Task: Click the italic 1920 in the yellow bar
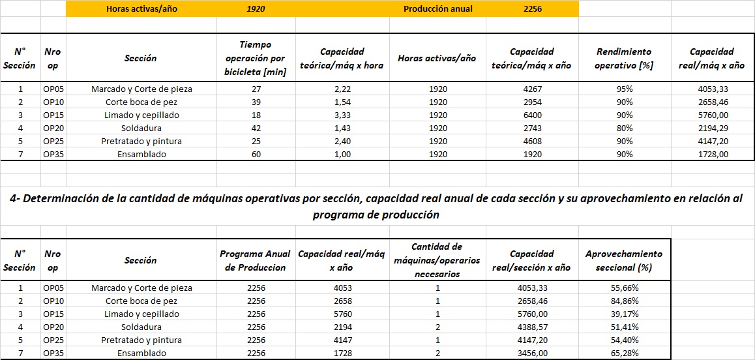(256, 9)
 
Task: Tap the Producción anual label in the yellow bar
(438, 9)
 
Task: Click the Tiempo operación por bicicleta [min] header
(256, 58)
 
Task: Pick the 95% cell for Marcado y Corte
(624, 89)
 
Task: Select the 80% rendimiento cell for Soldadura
(624, 128)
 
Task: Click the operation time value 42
(256, 128)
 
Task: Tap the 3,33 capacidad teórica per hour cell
(342, 115)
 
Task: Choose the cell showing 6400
(532, 115)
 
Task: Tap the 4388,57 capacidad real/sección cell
(532, 327)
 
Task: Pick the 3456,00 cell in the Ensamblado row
(532, 353)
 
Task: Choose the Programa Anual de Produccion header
(256, 260)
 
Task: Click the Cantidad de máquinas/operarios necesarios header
(437, 260)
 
